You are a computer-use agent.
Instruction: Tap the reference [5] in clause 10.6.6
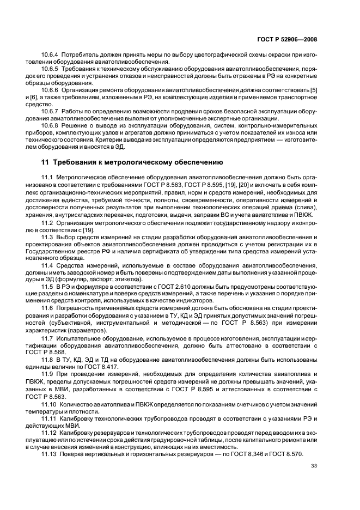(x=314, y=89)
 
